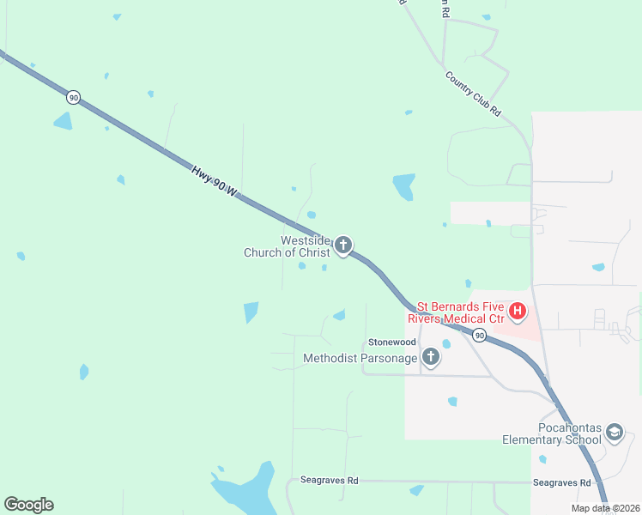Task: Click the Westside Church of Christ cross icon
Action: (343, 246)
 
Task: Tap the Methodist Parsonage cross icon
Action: (430, 357)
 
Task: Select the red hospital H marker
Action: (518, 312)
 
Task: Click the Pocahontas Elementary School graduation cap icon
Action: (614, 433)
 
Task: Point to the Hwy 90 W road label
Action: (214, 184)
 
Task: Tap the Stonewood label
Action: (392, 342)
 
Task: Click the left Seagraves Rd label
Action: (329, 481)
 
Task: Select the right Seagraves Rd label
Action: (562, 483)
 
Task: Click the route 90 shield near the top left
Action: (74, 98)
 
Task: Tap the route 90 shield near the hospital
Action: (480, 335)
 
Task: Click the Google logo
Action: (28, 505)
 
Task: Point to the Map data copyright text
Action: (604, 508)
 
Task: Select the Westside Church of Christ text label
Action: (287, 246)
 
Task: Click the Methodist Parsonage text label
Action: (360, 358)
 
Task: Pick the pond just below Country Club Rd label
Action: (403, 185)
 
